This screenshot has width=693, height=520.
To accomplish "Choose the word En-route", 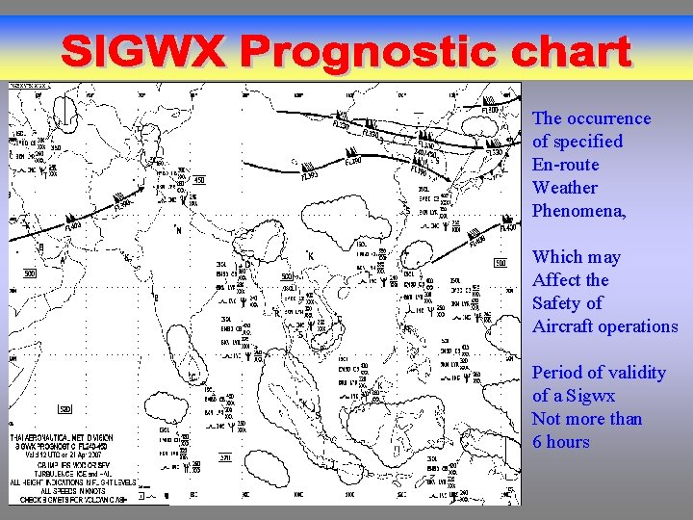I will point(565,165).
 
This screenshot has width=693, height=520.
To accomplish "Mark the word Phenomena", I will point(578,211).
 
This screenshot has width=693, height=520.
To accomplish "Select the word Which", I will point(563,257).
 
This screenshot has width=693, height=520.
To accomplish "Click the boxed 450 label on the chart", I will point(199,179).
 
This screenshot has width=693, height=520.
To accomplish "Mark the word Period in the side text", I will point(557,373).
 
